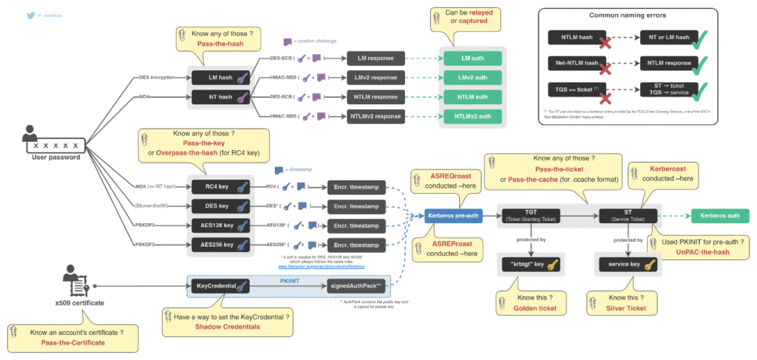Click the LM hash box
[x=220, y=77]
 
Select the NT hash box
[x=220, y=96]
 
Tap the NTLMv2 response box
[x=376, y=115]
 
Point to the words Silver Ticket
[x=626, y=308]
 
